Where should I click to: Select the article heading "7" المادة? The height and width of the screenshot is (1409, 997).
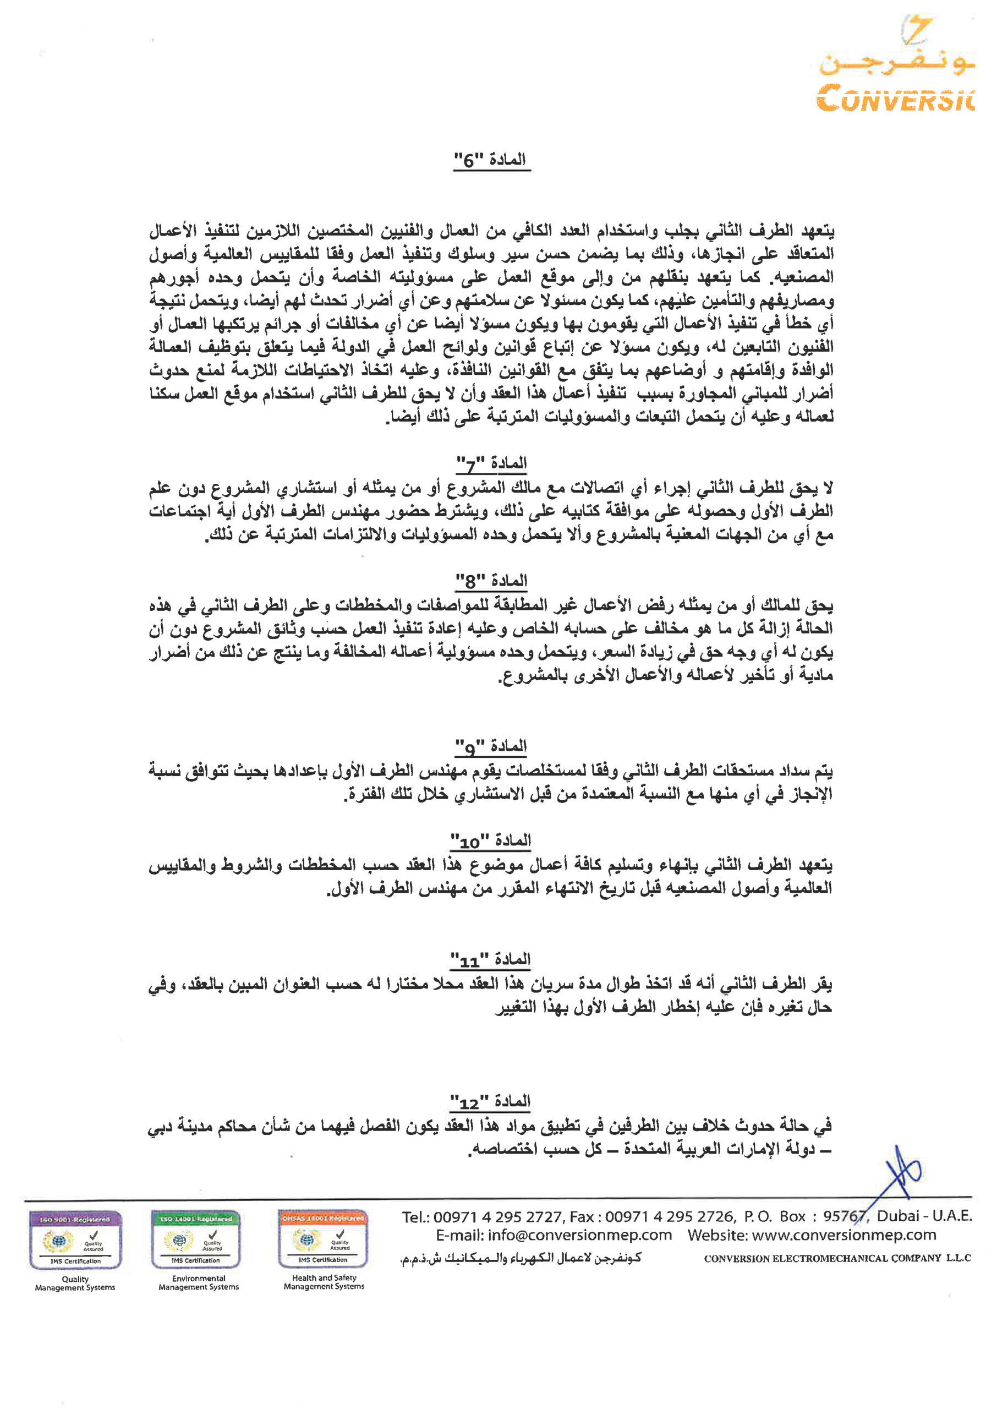click(491, 464)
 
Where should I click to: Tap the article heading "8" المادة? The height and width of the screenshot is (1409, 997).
click(491, 580)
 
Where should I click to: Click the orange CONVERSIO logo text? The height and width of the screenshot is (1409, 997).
click(896, 98)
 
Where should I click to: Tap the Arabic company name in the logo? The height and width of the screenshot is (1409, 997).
click(897, 63)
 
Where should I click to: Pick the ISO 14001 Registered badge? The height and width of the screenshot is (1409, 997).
click(196, 1239)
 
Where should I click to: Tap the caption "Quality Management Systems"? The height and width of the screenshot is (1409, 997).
click(75, 1284)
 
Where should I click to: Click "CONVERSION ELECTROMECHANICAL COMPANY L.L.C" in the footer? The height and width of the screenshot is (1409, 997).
click(837, 1258)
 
